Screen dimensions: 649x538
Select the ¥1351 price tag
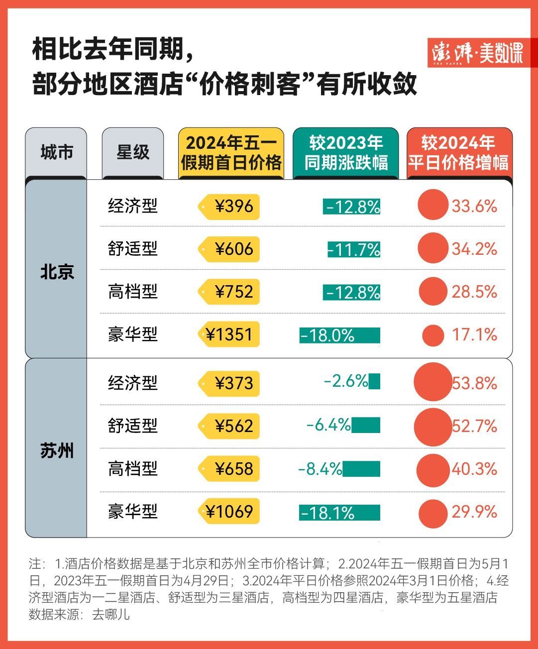230,334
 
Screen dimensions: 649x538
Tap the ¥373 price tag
230,383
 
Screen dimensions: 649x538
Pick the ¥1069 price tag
230,512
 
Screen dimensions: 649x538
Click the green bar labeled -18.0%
339,335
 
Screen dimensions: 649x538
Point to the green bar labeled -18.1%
339,513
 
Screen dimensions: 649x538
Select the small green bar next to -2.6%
375,382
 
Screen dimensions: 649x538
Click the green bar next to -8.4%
361,469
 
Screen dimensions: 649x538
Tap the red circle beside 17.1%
433,335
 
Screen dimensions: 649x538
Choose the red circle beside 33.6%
433,205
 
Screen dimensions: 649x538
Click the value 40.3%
474,469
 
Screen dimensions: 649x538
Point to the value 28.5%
474,292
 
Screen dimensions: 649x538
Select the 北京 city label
57,272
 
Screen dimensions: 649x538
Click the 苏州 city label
57,451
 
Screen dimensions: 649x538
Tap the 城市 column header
56,152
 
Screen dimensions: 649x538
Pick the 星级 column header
133,152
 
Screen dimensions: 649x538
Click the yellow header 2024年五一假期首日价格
231,153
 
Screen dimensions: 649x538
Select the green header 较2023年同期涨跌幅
346,153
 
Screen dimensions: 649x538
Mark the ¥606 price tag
230,249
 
